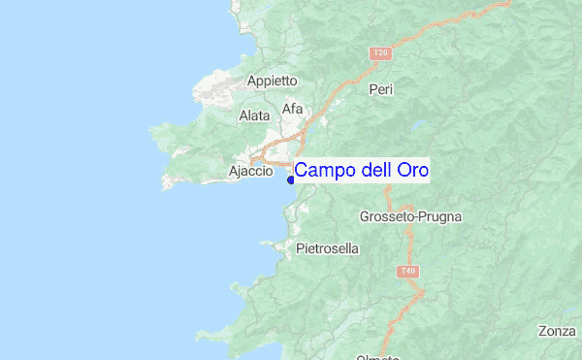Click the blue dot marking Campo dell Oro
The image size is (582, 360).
click(x=290, y=178)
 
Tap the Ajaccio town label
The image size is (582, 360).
click(x=250, y=172)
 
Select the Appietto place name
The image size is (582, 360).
click(x=272, y=82)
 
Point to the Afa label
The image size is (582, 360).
click(x=292, y=109)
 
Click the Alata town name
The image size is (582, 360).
click(x=254, y=115)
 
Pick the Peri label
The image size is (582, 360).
click(x=380, y=89)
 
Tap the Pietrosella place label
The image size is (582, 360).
click(x=327, y=248)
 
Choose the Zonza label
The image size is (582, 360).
click(x=558, y=331)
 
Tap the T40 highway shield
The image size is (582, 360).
click(x=408, y=272)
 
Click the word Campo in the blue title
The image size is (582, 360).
click(x=325, y=171)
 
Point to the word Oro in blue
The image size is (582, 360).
click(x=412, y=171)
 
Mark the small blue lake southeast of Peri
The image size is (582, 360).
click(x=417, y=125)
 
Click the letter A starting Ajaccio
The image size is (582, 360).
click(x=233, y=172)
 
